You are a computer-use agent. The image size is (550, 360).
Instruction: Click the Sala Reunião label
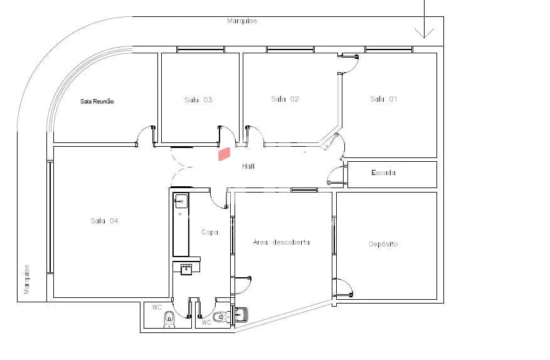click(x=97, y=102)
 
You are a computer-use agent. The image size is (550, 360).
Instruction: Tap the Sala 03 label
click(x=198, y=100)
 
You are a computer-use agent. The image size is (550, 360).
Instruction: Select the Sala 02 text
click(x=285, y=99)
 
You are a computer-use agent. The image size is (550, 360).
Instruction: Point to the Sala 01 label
click(x=383, y=99)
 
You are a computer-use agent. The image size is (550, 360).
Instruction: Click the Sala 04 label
click(x=104, y=221)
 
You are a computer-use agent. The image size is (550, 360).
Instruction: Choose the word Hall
click(x=248, y=166)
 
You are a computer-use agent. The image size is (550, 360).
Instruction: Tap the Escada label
click(x=383, y=172)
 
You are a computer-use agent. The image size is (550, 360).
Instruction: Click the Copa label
click(x=209, y=232)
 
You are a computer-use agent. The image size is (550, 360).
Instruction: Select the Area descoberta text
click(x=282, y=242)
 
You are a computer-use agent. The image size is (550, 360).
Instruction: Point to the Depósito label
click(x=383, y=244)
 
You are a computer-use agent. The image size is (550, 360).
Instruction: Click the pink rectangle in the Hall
click(x=224, y=154)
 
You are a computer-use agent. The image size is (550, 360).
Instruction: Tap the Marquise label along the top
click(x=242, y=21)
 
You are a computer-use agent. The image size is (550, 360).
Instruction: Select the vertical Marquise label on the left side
click(x=27, y=279)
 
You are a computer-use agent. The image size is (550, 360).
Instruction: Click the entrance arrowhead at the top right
click(x=425, y=33)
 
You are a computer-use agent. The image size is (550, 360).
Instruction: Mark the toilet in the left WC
click(x=169, y=319)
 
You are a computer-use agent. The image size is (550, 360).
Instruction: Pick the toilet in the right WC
click(x=220, y=317)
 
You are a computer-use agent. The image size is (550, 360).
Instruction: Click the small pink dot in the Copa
click(x=180, y=214)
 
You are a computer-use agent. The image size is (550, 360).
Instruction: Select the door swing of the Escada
click(x=336, y=175)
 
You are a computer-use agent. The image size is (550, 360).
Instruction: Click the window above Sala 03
click(x=201, y=50)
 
